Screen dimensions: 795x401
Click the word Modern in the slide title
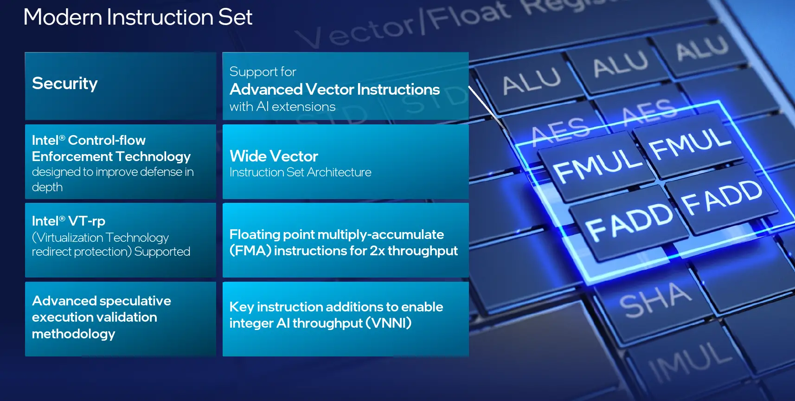tap(63, 17)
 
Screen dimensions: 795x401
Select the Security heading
tap(64, 84)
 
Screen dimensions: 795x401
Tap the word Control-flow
tap(107, 140)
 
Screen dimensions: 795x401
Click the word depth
tap(47, 187)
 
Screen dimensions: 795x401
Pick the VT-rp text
tap(87, 221)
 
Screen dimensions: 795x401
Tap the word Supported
tap(162, 252)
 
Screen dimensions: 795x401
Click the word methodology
tap(73, 334)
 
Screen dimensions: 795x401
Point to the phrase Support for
tap(263, 72)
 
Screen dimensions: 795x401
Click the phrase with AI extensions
tap(282, 107)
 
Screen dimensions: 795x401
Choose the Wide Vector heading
tap(274, 156)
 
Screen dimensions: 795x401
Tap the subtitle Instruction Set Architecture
tap(300, 172)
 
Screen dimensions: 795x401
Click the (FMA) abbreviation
tap(250, 251)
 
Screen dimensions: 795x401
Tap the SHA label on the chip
tap(655, 300)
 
